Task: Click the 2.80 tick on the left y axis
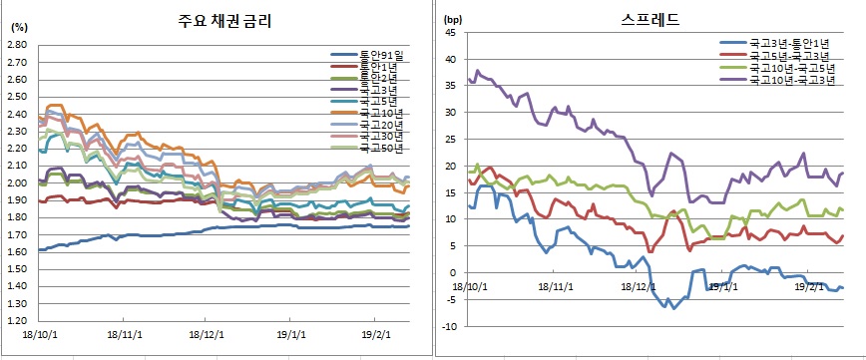click(x=18, y=45)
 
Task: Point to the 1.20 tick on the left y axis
click(x=18, y=320)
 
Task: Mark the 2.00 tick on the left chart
click(x=18, y=182)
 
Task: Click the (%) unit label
click(x=18, y=27)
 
